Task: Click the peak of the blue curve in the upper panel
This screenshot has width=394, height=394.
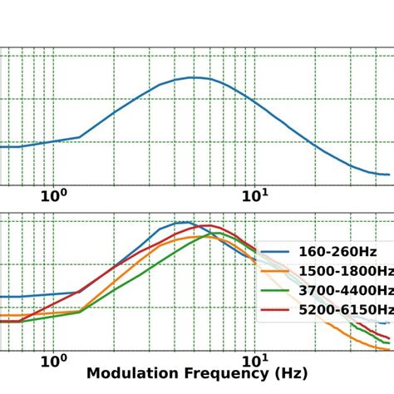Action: tap(193, 77)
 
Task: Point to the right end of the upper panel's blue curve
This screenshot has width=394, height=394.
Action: tap(389, 175)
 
